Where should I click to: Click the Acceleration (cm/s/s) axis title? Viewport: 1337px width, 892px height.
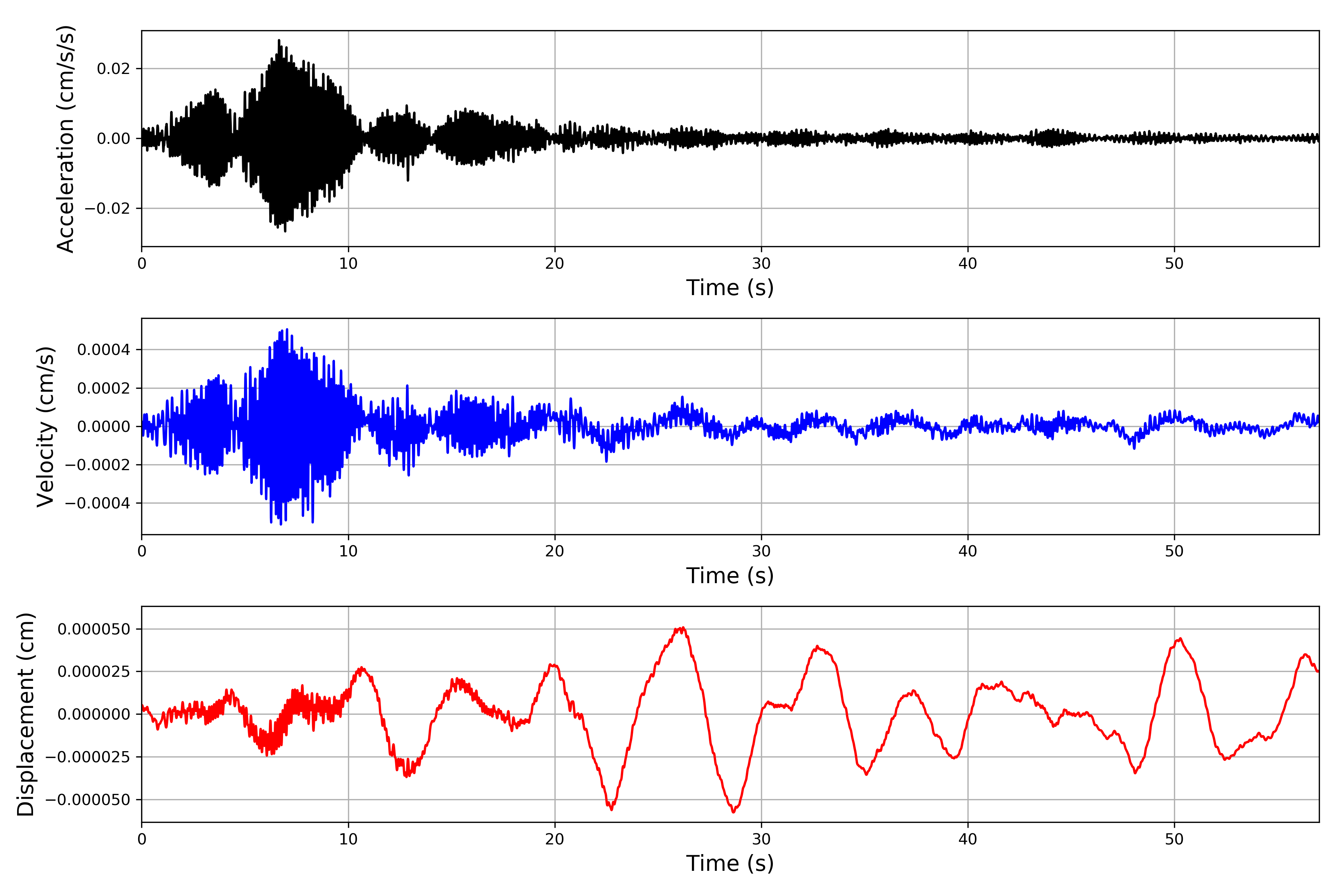tap(66, 138)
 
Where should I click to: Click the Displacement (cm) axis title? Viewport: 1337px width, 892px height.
tap(26, 714)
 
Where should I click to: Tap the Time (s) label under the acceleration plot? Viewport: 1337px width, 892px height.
tap(730, 288)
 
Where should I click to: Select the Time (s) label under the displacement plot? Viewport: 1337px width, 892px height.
tap(730, 863)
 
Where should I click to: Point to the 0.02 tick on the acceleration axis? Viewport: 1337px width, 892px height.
tap(113, 69)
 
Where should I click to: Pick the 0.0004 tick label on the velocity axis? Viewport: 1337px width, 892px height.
tap(104, 350)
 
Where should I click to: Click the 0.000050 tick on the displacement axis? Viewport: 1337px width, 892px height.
tap(94, 629)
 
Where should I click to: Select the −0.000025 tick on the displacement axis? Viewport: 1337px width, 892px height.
tap(88, 757)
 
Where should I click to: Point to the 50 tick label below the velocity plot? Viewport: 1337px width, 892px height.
tap(1174, 551)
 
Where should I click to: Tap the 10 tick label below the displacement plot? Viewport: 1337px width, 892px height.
tap(348, 839)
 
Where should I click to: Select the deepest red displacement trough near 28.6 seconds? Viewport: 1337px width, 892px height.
tap(733, 812)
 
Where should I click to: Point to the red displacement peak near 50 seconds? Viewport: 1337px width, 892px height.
tap(1180, 639)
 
